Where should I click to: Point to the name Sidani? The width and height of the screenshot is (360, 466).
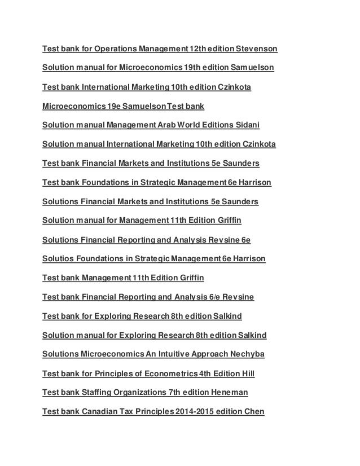pos(255,125)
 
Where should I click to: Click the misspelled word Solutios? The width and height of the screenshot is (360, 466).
pos(58,258)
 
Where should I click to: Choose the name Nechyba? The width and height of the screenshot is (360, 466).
pos(244,354)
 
